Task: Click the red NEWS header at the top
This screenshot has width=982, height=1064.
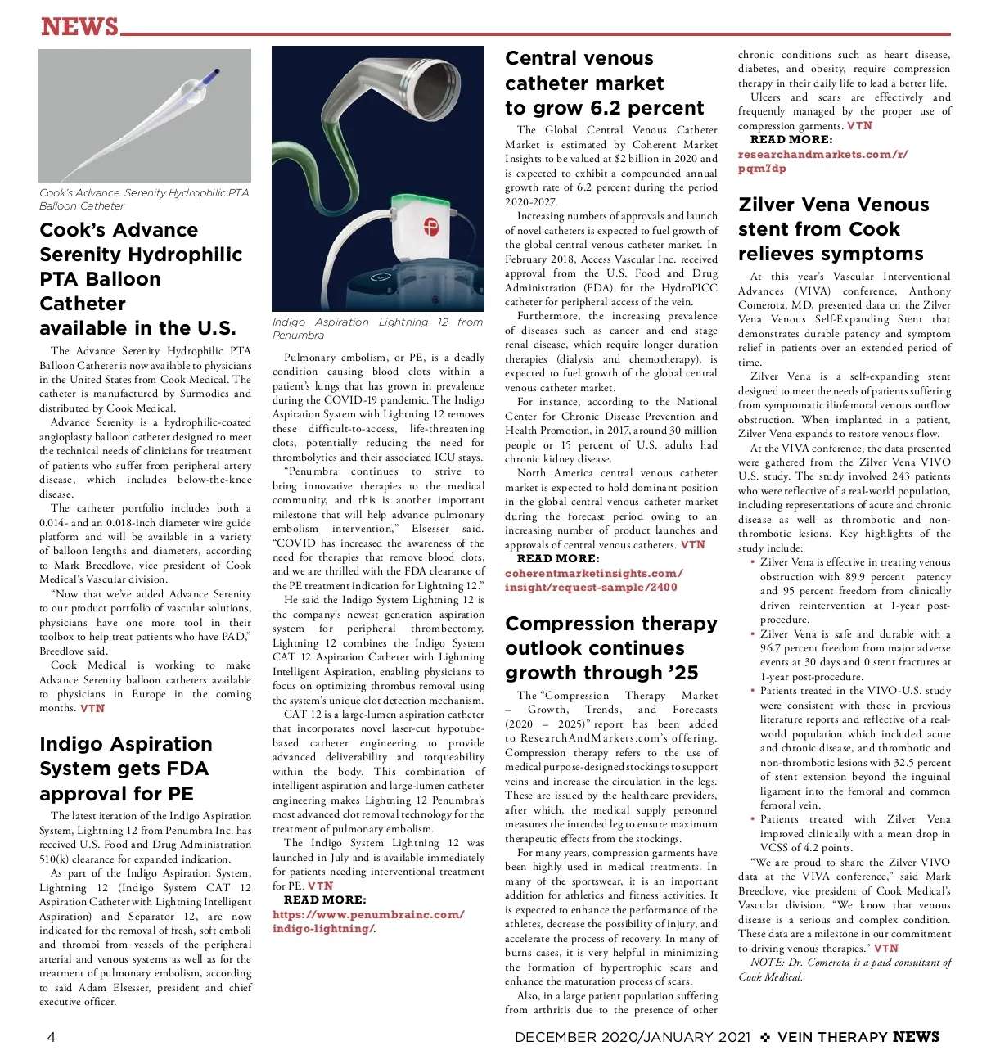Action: point(79,26)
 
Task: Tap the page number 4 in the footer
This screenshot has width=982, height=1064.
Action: point(52,1037)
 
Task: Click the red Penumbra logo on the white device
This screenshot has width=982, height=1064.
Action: point(430,226)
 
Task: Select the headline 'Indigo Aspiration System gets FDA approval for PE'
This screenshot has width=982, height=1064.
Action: point(125,769)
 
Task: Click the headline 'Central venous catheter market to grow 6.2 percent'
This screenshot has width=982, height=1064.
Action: point(604,83)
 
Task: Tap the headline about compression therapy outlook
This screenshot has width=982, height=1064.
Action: point(610,648)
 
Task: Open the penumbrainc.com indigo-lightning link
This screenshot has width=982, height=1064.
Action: point(367,922)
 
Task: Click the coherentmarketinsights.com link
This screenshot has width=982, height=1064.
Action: point(593,580)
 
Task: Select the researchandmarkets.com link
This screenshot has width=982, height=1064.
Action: point(822,161)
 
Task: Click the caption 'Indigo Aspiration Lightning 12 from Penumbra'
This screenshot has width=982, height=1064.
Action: point(377,328)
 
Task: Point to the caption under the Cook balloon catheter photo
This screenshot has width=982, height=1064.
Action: point(144,199)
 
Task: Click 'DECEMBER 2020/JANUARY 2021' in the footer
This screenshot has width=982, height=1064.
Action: point(632,1037)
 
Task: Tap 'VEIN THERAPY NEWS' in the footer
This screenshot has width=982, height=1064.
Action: point(858,1037)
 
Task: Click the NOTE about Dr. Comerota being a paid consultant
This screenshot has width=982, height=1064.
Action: point(845,969)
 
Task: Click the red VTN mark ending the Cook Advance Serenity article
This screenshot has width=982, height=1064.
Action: point(92,709)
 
